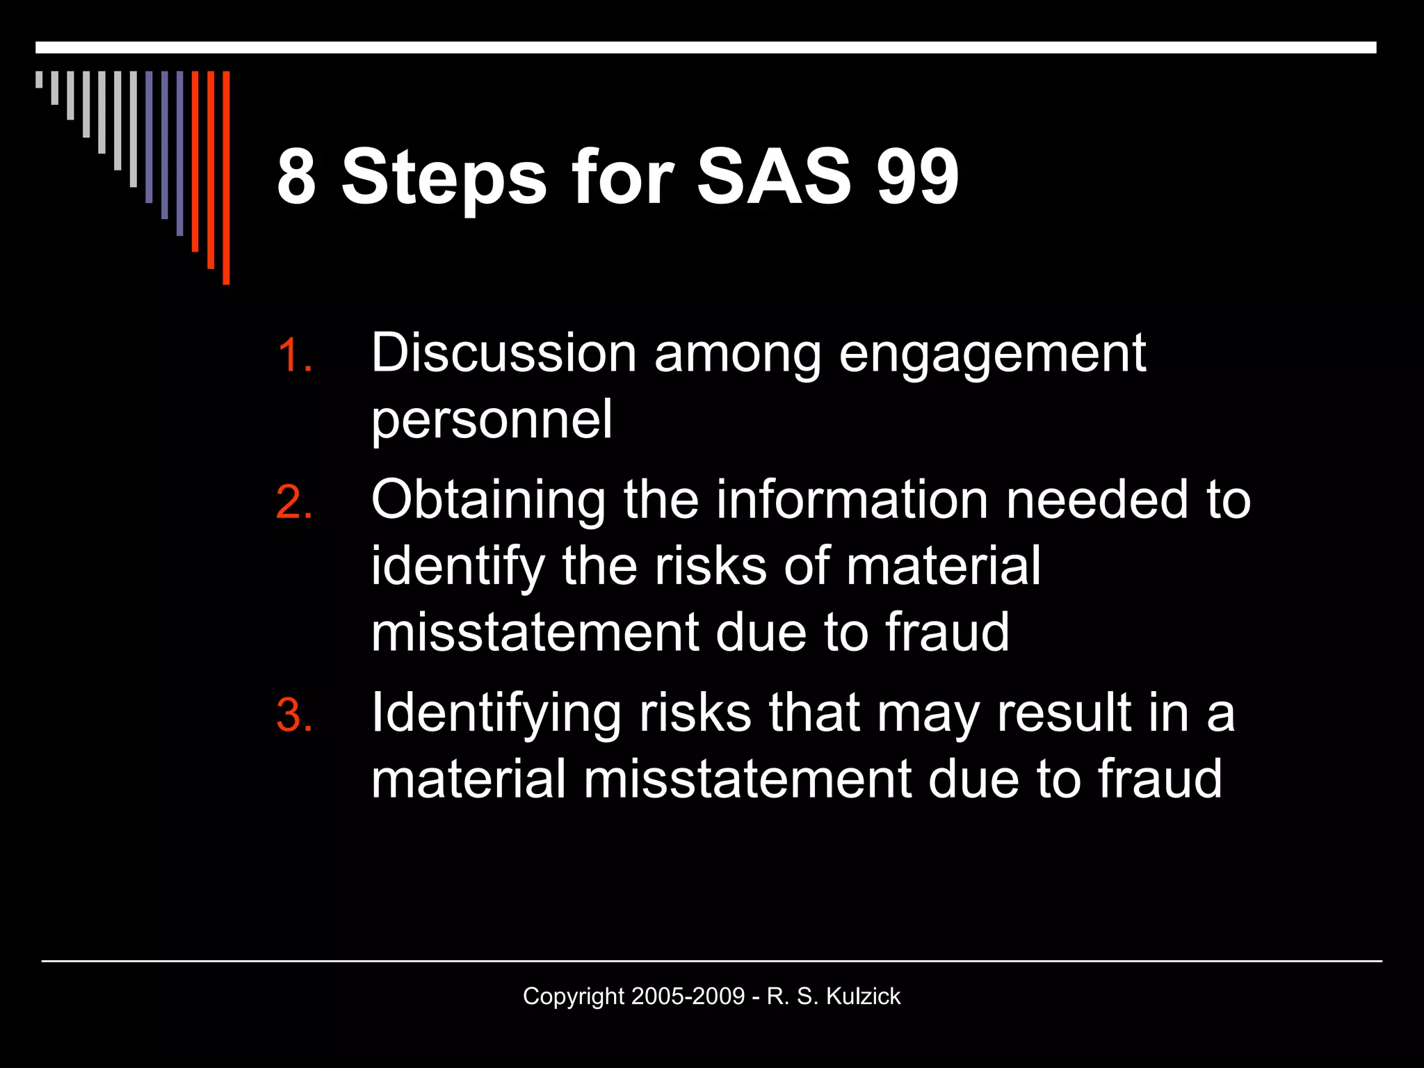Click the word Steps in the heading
(x=444, y=178)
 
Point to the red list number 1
(x=293, y=356)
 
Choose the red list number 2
(x=293, y=502)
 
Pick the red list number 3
(x=293, y=715)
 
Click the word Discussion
(x=503, y=353)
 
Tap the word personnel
(x=492, y=420)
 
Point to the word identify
(x=458, y=566)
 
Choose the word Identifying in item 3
(x=496, y=714)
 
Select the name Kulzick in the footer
(x=863, y=996)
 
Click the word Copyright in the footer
(x=574, y=997)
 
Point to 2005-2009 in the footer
(x=688, y=996)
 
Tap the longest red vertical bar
(x=226, y=177)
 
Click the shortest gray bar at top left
(x=39, y=79)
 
